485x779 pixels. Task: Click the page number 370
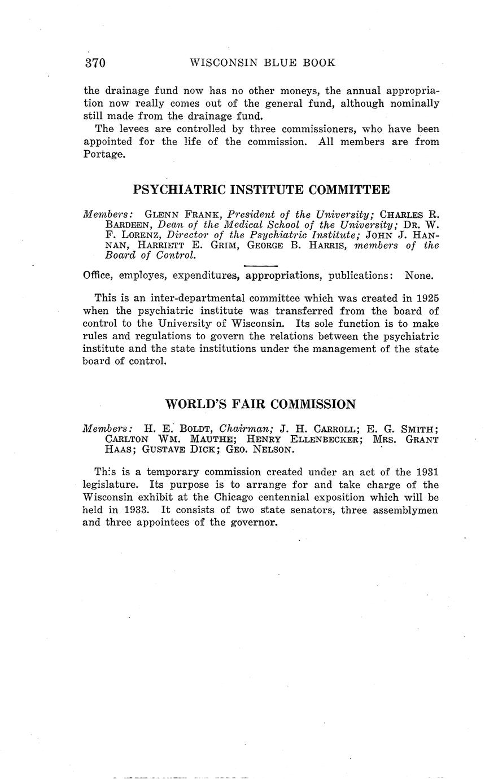95,63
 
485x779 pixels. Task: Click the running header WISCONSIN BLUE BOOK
262,63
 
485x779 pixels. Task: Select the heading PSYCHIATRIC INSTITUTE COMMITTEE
261,190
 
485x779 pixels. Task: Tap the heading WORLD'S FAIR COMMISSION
260,404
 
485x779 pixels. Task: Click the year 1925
427,297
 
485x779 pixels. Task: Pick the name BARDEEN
128,225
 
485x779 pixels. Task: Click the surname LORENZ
134,235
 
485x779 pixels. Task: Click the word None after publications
420,276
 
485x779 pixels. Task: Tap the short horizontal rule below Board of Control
260,266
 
